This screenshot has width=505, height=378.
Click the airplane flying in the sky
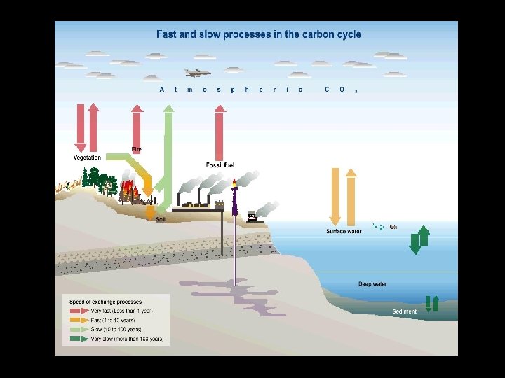(x=197, y=72)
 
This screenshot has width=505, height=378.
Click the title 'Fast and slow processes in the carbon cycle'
(x=259, y=34)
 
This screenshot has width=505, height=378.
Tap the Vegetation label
(x=88, y=157)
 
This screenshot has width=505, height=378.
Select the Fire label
(x=136, y=149)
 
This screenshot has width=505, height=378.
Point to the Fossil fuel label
(x=220, y=165)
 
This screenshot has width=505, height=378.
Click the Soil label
(x=160, y=219)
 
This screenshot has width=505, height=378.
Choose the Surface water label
(x=344, y=231)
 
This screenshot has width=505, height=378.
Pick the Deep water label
(x=372, y=284)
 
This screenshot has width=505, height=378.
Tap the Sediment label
(x=405, y=311)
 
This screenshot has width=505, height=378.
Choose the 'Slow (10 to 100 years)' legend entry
(x=116, y=329)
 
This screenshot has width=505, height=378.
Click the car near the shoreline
(x=252, y=217)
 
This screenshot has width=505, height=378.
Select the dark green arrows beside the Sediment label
(x=431, y=304)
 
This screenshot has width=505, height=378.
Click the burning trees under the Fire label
(x=129, y=190)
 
